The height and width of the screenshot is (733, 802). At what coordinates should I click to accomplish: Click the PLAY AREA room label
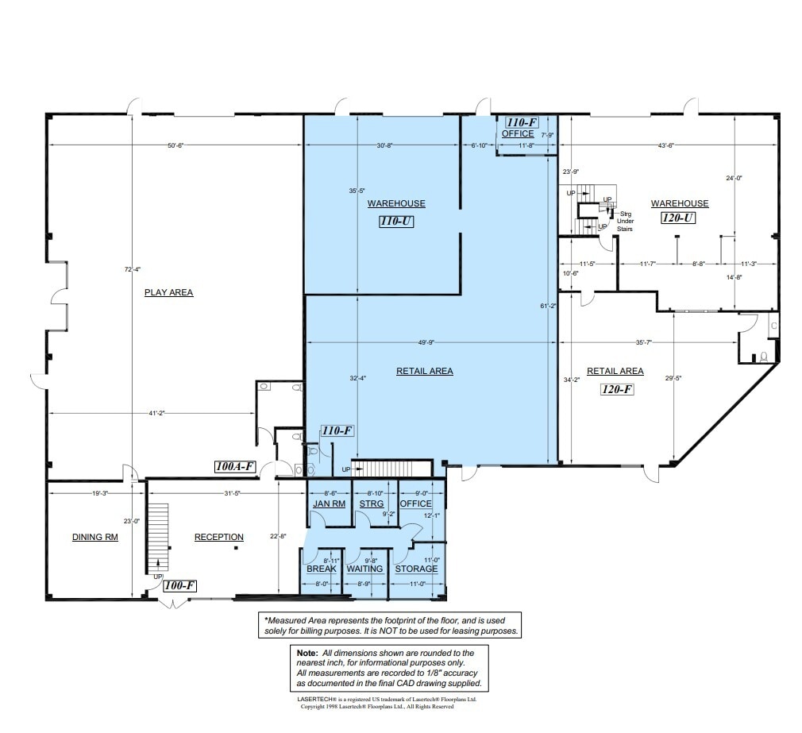(168, 292)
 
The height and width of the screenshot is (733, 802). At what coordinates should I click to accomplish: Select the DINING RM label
(95, 537)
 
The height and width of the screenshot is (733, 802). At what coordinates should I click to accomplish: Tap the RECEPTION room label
(219, 537)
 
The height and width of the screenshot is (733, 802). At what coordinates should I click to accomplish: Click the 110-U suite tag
(396, 222)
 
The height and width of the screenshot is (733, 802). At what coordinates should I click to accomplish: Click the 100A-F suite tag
(236, 467)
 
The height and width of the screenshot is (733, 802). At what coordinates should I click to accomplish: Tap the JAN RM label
(329, 503)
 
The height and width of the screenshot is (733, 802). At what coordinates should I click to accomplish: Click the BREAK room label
(322, 569)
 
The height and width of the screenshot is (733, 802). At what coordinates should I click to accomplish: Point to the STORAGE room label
(416, 569)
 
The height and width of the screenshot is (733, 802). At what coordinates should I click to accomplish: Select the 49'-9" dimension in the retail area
(426, 342)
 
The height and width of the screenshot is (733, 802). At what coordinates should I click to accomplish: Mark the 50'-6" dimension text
(175, 145)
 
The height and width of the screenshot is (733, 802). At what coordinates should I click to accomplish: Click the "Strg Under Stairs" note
(625, 221)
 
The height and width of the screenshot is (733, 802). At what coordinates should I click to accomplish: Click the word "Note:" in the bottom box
(306, 653)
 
